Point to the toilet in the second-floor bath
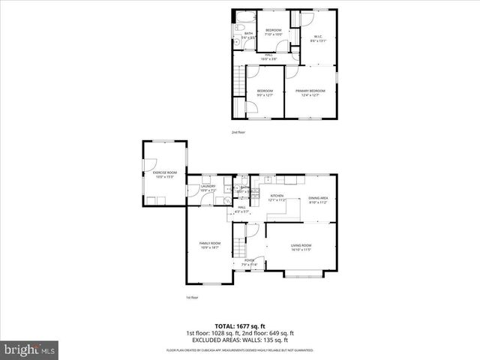(237, 43)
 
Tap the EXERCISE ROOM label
(163, 175)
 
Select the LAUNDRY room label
(208, 188)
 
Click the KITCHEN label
(277, 198)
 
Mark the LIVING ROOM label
(301, 247)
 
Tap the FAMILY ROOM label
(209, 245)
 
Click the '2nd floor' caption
(238, 132)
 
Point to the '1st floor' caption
(192, 297)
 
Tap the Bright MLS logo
(30, 349)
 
